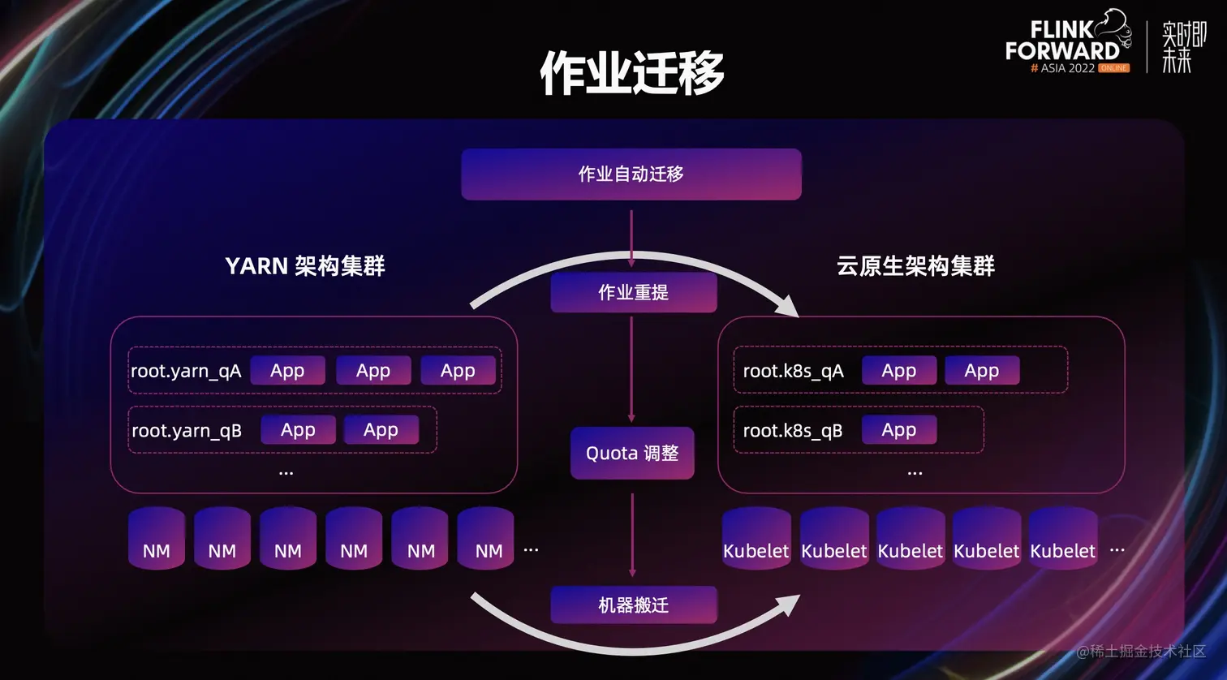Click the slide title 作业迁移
click(x=631, y=72)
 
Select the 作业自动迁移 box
click(x=631, y=174)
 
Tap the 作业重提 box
click(x=633, y=292)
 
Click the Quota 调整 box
click(x=632, y=453)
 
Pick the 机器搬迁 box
click(x=633, y=605)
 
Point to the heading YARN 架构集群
click(x=304, y=265)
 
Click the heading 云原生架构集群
click(x=915, y=265)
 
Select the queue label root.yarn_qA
click(x=186, y=371)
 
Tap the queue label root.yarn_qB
click(x=187, y=430)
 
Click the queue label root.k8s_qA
click(x=793, y=371)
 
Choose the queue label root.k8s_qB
click(x=792, y=430)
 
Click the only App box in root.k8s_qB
click(x=898, y=430)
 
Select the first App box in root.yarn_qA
click(x=287, y=371)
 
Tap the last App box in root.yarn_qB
click(x=381, y=430)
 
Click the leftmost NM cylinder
click(x=157, y=539)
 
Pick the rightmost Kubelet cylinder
click(x=1062, y=539)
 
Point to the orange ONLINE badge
click(x=1113, y=68)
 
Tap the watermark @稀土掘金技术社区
click(x=1140, y=651)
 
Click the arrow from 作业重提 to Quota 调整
click(x=631, y=369)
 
